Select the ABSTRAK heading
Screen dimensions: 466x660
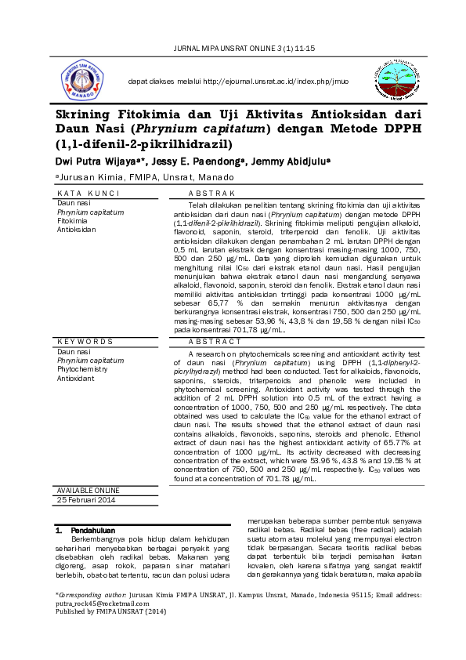[x=212, y=193]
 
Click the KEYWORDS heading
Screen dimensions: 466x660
[x=85, y=342]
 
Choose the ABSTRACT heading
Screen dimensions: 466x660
[x=215, y=342]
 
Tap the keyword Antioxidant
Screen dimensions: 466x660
[x=75, y=379]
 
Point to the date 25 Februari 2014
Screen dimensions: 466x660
[x=86, y=500]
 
